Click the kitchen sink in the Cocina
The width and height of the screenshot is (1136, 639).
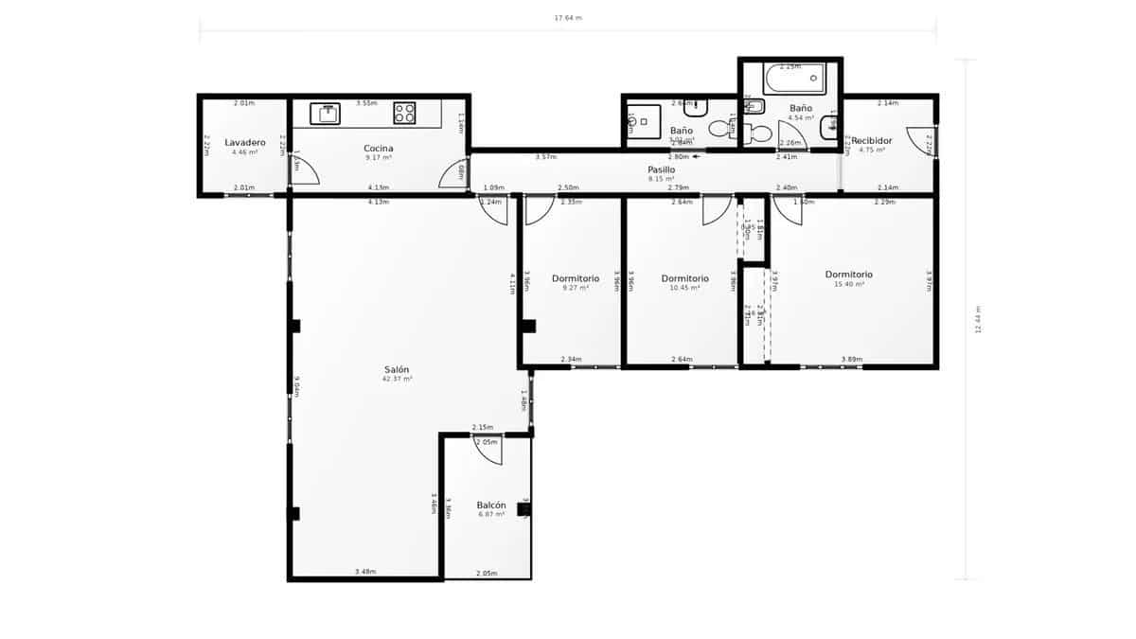coord(328,114)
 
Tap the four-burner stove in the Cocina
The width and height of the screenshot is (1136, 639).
coord(405,114)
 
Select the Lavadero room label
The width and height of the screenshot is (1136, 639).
coord(244,143)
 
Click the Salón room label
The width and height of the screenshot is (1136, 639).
coord(397,369)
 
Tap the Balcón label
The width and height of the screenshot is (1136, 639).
coord(491,506)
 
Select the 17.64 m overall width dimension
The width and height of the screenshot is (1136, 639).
coord(567,17)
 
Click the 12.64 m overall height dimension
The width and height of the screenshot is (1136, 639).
coord(977,320)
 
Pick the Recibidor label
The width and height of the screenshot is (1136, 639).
coord(871,140)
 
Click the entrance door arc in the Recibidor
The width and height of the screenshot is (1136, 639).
coord(919,140)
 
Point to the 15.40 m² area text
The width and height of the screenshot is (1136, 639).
coord(848,284)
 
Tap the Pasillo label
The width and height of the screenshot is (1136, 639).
coord(661,169)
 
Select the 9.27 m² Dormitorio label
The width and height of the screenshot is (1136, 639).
coord(576,278)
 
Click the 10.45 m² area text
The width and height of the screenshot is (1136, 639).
coord(684,288)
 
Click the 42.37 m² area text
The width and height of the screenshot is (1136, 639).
coord(397,379)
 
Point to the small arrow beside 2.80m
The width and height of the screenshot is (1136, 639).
coord(697,157)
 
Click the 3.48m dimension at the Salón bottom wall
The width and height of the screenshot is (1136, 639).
coord(365,572)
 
